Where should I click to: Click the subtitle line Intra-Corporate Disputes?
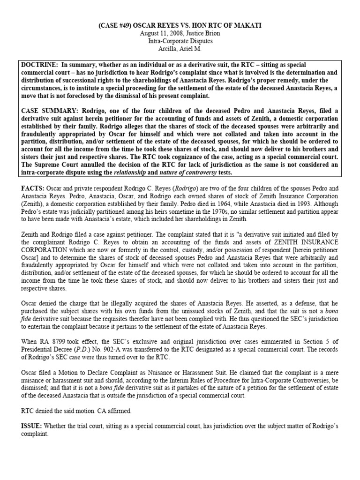[x=180, y=41]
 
